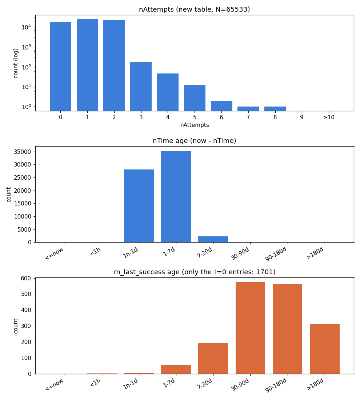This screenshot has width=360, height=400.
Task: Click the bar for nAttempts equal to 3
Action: pos(141,87)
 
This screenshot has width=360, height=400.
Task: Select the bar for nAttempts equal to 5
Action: pos(195,98)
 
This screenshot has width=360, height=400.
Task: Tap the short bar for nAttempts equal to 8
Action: pos(275,109)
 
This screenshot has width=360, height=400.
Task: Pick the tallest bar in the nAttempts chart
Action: pos(87,65)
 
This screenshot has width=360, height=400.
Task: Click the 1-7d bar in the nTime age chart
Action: pos(176,197)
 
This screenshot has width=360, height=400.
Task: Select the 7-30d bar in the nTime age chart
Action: pos(213,239)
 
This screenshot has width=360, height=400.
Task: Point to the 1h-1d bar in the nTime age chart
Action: pos(139,206)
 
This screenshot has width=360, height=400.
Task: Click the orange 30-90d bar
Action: pos(250,328)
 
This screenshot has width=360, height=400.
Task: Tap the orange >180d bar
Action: pos(324,349)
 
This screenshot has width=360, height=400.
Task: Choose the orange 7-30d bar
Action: pos(213,359)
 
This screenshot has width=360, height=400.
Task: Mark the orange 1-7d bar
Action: pos(176,370)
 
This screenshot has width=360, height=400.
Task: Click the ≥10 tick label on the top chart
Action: pos(329,117)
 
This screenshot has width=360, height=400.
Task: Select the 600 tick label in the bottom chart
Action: pos(26,278)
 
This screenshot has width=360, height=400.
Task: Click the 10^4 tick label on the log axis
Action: pos(27,27)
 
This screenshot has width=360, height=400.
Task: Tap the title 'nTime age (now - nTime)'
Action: pos(195,141)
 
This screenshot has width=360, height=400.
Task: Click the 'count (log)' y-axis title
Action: pos(16,63)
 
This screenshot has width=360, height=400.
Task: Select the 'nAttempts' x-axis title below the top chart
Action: pos(195,125)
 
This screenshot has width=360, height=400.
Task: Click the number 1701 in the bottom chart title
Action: pos(265,272)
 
